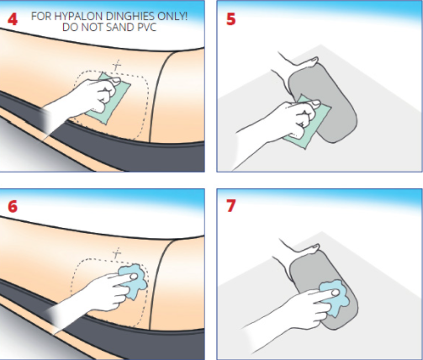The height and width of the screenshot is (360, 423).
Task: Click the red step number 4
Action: [x=13, y=19]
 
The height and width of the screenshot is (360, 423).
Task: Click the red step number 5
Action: [x=231, y=19]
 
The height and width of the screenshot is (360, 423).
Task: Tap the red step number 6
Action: [x=13, y=207]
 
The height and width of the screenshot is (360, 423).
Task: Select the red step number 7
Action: [x=230, y=206]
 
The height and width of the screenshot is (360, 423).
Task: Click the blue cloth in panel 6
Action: [x=134, y=281]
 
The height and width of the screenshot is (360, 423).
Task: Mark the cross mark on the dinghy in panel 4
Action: [x=117, y=66]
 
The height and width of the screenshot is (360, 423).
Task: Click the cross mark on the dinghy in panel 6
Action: [x=117, y=254]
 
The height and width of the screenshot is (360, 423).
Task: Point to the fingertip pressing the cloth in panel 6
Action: [x=134, y=277]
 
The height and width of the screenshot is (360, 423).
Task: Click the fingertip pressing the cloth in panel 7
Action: [x=335, y=294]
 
